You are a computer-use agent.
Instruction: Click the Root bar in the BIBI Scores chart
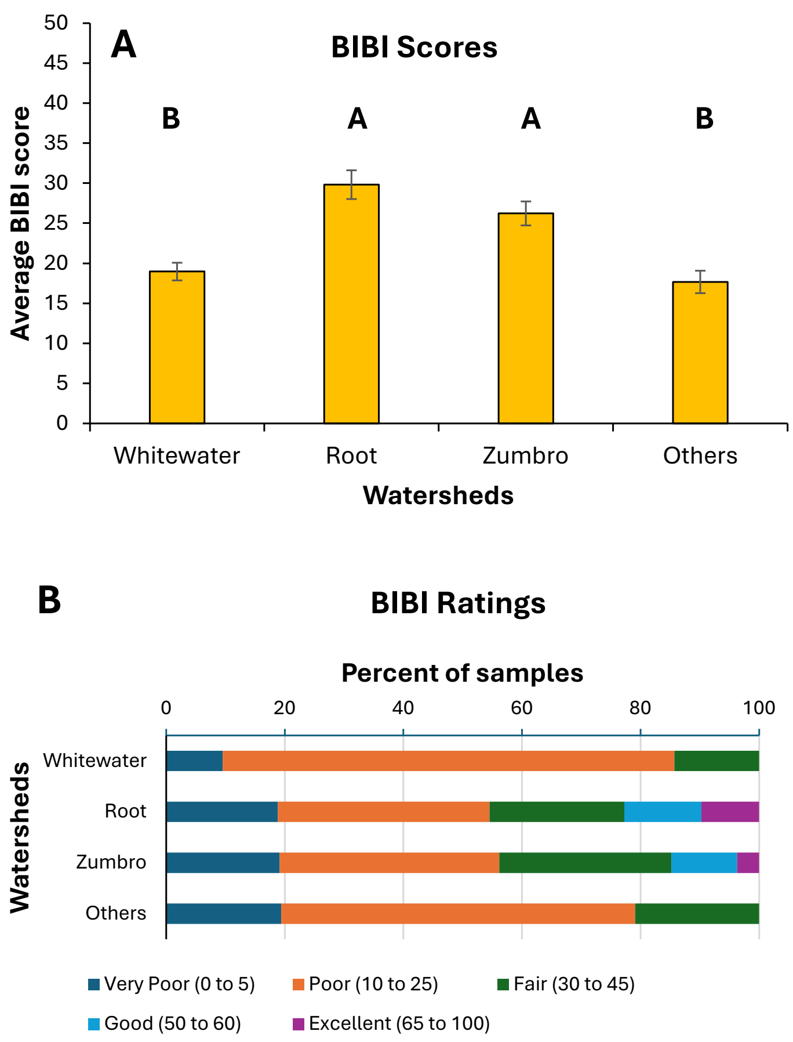coord(351,303)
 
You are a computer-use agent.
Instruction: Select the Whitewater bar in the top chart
coord(177,347)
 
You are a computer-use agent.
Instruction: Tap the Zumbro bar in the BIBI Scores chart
coord(526,318)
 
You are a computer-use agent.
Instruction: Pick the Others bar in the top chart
coord(700,352)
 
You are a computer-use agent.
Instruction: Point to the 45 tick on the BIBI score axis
coord(56,63)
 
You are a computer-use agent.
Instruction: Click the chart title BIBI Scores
coord(414,47)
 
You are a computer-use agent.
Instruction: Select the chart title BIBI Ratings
coord(458,603)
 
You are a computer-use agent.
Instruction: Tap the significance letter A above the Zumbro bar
coord(531,119)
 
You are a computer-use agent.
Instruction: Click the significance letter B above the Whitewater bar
coord(171,119)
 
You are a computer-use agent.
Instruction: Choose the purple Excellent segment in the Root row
coord(730,812)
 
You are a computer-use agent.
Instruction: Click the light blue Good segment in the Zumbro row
coord(704,863)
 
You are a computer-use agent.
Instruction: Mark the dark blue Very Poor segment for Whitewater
coord(194,761)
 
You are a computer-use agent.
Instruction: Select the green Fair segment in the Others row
coord(697,913)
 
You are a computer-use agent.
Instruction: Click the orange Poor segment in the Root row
coord(383,812)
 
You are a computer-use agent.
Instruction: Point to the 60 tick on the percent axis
coord(522,708)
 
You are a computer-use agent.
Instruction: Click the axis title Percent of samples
coord(462,673)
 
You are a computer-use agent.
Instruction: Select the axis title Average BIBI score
coord(21,223)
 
